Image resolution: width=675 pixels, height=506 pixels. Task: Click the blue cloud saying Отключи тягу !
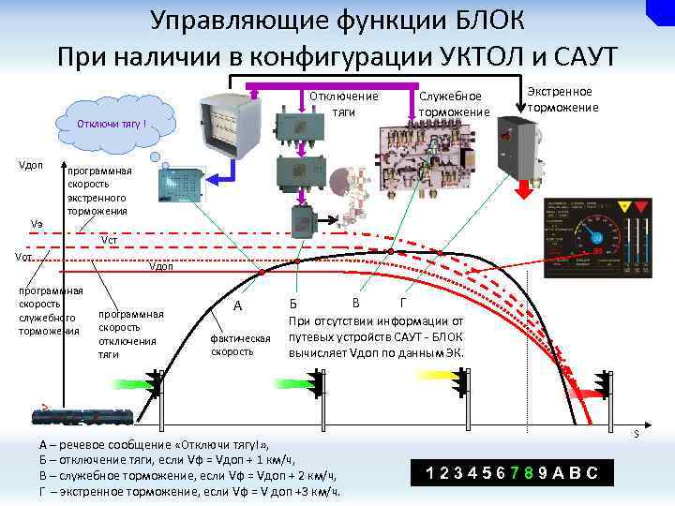[x=112, y=123]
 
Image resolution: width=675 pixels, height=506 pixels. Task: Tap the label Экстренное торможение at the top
[x=562, y=99]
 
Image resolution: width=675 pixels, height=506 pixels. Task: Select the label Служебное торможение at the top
[x=454, y=104]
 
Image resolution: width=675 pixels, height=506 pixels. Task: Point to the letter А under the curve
[x=238, y=305]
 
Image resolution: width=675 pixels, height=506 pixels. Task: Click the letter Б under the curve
[x=293, y=305]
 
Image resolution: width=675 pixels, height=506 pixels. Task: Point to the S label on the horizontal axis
[x=635, y=433]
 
